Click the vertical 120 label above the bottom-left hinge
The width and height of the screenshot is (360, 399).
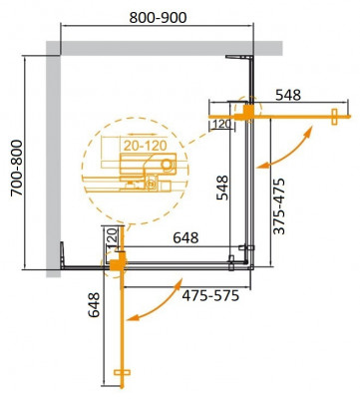(x=112, y=240)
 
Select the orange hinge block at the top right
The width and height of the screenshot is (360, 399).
(x=246, y=111)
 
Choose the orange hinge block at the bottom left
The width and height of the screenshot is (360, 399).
(x=117, y=263)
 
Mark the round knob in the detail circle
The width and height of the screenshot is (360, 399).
(x=167, y=164)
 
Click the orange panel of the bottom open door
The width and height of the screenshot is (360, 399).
(x=121, y=319)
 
